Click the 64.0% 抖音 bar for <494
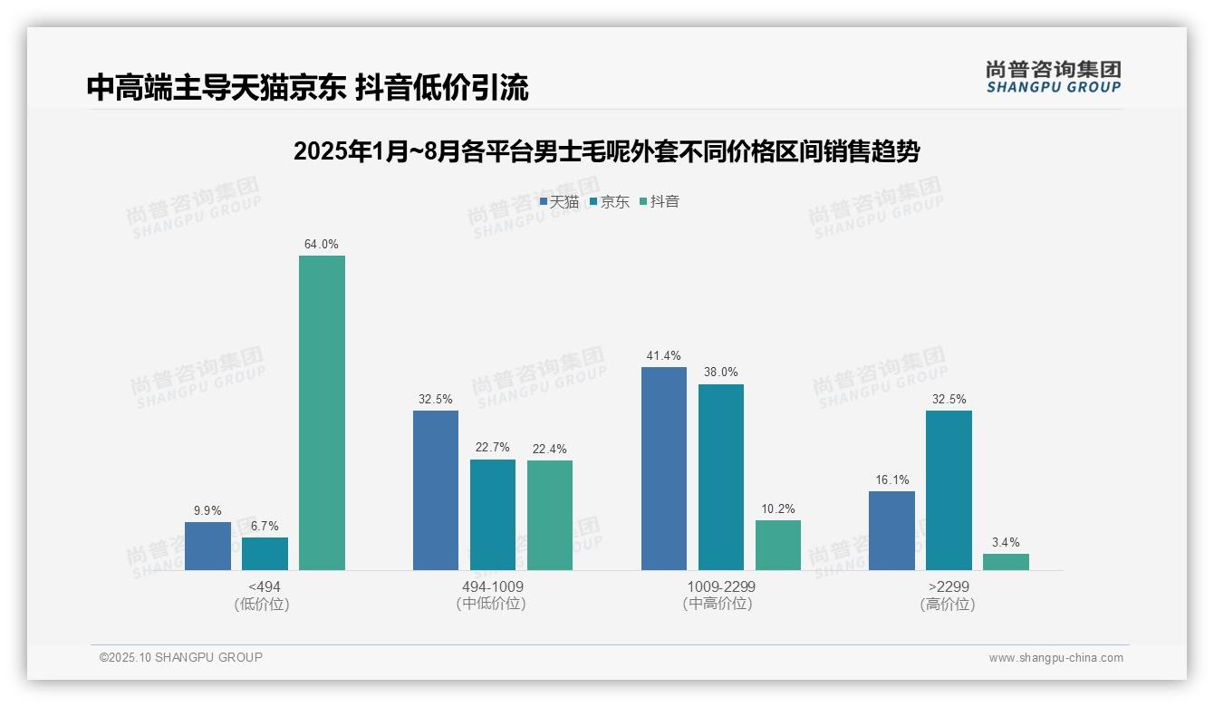point(322,412)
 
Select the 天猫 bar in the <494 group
point(207,546)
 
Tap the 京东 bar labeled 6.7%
point(265,553)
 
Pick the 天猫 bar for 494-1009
point(436,489)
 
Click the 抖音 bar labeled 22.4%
point(550,515)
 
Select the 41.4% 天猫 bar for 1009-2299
point(664,468)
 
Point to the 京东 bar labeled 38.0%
point(721,477)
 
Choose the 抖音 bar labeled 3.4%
point(1006,561)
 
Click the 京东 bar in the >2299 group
point(949,489)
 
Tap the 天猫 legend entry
point(560,201)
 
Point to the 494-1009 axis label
point(492,586)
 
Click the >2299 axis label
point(948,586)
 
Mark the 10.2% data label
point(778,508)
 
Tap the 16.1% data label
point(891,479)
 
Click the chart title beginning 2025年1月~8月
point(606,151)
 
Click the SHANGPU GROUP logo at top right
point(1053,76)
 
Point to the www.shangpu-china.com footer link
point(1055,657)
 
